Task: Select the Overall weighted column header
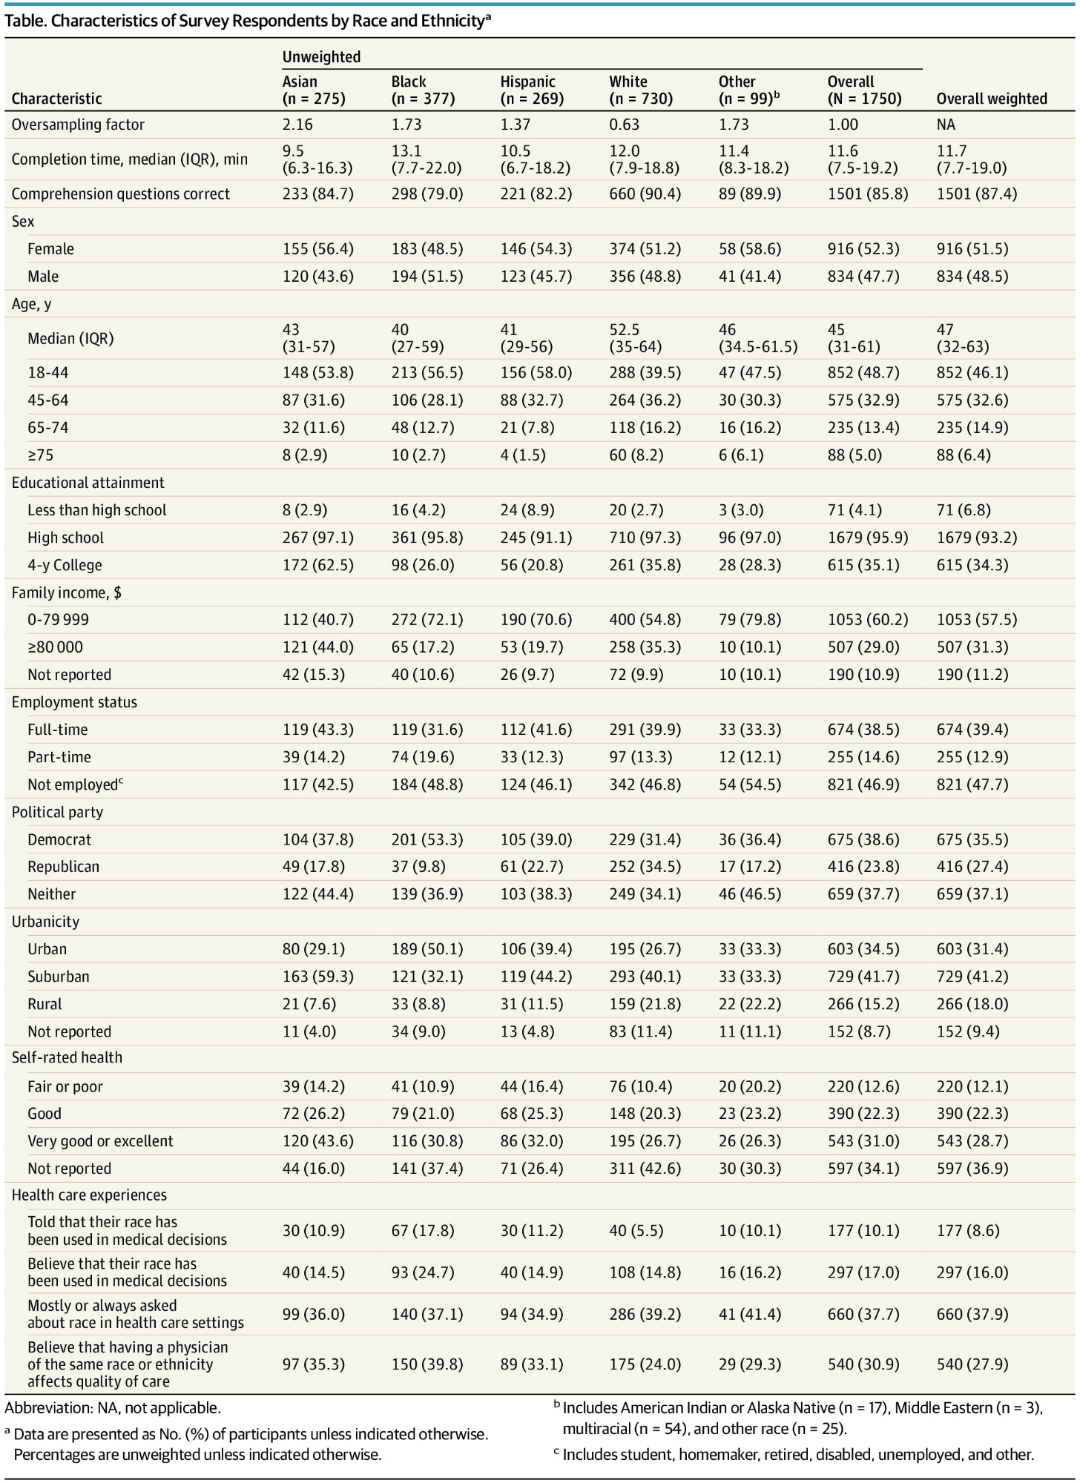pyautogui.click(x=991, y=99)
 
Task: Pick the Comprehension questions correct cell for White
pyautogui.click(x=645, y=194)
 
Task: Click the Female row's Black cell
pyautogui.click(x=427, y=249)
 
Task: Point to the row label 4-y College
pyautogui.click(x=65, y=565)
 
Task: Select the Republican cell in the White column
pyautogui.click(x=645, y=867)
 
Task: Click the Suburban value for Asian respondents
pyautogui.click(x=317, y=977)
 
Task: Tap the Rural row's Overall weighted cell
pyautogui.click(x=972, y=1004)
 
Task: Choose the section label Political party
pyautogui.click(x=57, y=812)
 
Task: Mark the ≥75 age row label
pyautogui.click(x=38, y=455)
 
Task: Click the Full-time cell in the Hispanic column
pyautogui.click(x=536, y=730)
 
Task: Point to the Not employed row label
pyautogui.click(x=73, y=785)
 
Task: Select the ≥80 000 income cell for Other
pyautogui.click(x=749, y=647)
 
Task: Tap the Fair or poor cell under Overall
pyautogui.click(x=863, y=1087)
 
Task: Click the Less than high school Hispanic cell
pyautogui.click(x=527, y=510)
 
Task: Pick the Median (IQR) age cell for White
pyautogui.click(x=636, y=338)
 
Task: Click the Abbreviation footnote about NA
pyautogui.click(x=113, y=1407)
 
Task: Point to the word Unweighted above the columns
pyautogui.click(x=321, y=57)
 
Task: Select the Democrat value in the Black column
pyautogui.click(x=427, y=839)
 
